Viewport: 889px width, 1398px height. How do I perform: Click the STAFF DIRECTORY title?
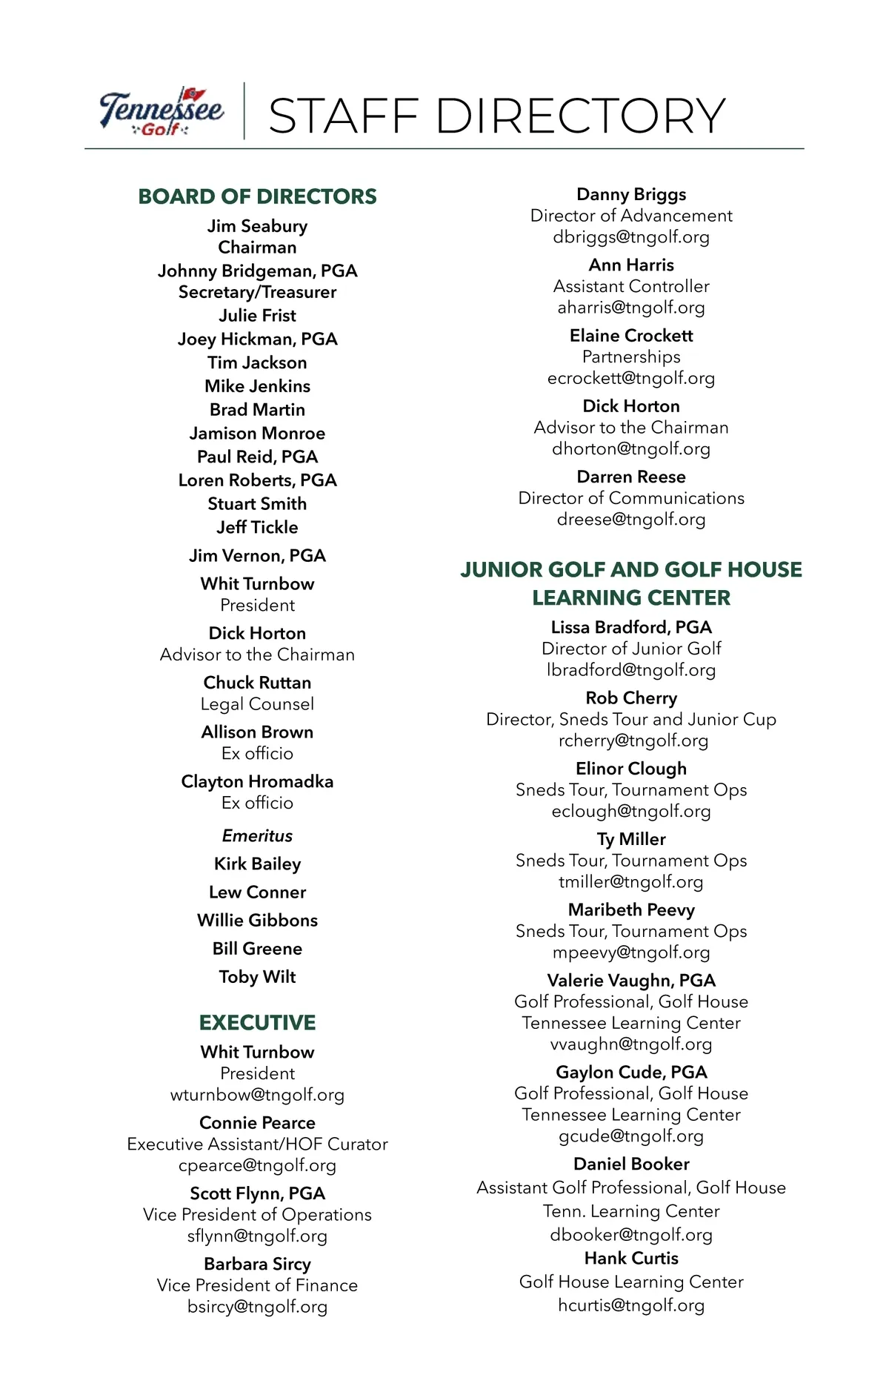point(496,116)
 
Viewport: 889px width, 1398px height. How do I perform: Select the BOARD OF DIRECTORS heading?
point(257,196)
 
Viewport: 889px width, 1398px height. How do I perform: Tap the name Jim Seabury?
point(257,226)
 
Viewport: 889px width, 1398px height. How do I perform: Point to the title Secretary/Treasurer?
point(257,292)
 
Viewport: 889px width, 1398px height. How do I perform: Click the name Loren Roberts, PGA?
point(257,480)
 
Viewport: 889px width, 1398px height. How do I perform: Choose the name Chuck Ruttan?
point(257,683)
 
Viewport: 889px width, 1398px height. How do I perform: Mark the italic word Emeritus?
point(257,836)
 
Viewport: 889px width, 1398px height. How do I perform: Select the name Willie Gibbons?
point(257,921)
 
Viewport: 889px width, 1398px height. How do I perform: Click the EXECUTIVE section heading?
point(257,1023)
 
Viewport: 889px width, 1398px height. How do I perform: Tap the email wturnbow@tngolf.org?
point(257,1095)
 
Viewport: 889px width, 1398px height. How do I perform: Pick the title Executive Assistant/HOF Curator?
point(257,1144)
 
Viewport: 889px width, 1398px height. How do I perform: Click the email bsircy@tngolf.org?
point(257,1307)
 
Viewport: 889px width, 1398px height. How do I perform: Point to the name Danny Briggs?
point(631,194)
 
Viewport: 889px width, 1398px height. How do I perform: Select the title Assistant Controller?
point(631,286)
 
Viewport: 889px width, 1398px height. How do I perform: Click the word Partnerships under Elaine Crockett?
point(631,357)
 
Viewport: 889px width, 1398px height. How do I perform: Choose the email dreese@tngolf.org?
point(631,520)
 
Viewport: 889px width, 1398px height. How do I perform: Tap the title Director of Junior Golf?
point(631,649)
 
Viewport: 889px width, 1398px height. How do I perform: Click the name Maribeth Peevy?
point(631,910)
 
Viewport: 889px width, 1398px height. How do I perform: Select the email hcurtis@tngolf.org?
point(631,1305)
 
